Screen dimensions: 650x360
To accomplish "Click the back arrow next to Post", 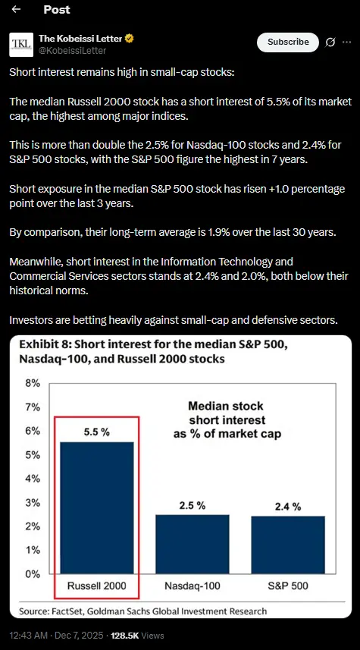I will pyautogui.click(x=16, y=10).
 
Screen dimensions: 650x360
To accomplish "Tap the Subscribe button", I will pyautogui.click(x=287, y=42).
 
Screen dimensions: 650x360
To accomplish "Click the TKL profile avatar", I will pyautogui.click(x=20, y=45).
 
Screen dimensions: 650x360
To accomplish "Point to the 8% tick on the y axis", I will pyautogui.click(x=33, y=383).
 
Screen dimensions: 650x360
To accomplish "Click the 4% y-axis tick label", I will pyautogui.click(x=33, y=479).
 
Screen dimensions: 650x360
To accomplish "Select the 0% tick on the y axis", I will pyautogui.click(x=33, y=574).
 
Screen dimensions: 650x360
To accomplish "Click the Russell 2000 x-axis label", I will pyautogui.click(x=95, y=586).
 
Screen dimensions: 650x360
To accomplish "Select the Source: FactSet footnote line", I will pyautogui.click(x=142, y=611).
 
